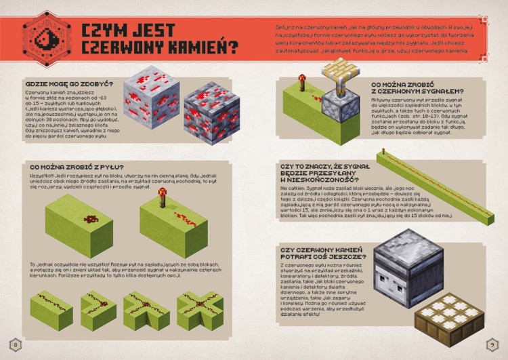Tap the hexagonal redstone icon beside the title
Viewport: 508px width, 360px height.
(x=43, y=39)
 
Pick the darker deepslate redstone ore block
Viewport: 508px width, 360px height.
(x=212, y=114)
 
